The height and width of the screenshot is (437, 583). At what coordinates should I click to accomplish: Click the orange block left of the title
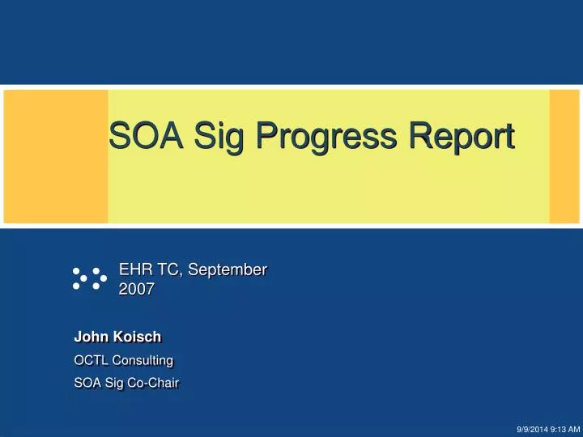pyautogui.click(x=56, y=156)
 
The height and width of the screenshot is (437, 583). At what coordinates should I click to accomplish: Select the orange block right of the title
pyautogui.click(x=564, y=156)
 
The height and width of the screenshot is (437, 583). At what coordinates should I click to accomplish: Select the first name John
pyautogui.click(x=89, y=337)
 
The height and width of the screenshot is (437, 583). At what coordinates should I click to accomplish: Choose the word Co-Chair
pyautogui.click(x=154, y=382)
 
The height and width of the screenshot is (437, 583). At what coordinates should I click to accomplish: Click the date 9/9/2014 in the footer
pyautogui.click(x=532, y=429)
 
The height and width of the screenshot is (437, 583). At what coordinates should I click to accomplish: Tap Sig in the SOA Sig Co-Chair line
pyautogui.click(x=114, y=382)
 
